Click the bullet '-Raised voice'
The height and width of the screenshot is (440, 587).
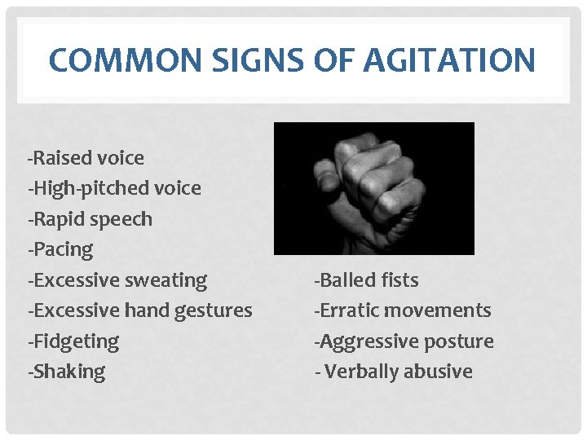coord(86,157)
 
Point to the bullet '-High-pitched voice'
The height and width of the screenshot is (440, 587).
coord(114,188)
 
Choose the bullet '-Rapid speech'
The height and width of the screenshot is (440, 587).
coord(90,218)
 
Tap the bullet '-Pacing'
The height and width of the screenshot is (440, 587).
coord(60,249)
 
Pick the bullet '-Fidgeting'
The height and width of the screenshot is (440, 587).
coord(73,341)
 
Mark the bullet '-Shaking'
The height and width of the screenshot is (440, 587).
coord(67,371)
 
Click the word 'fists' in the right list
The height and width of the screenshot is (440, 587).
coord(399,279)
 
